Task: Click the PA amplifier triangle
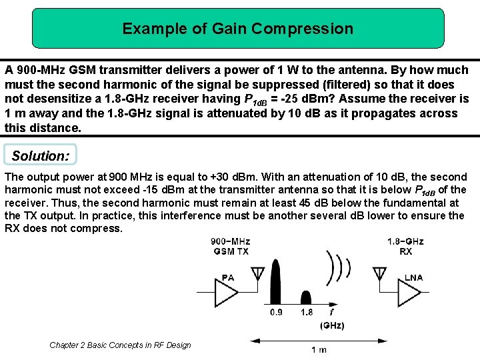pos(225,291)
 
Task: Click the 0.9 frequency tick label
pos(277,312)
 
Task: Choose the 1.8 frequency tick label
pos(307,312)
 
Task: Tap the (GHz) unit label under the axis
pos(331,325)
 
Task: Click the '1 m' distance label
pos(319,349)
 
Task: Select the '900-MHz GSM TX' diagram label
pos(230,246)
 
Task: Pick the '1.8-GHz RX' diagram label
pos(405,246)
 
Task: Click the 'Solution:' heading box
pos(40,155)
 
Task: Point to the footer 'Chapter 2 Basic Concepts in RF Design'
pos(120,345)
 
